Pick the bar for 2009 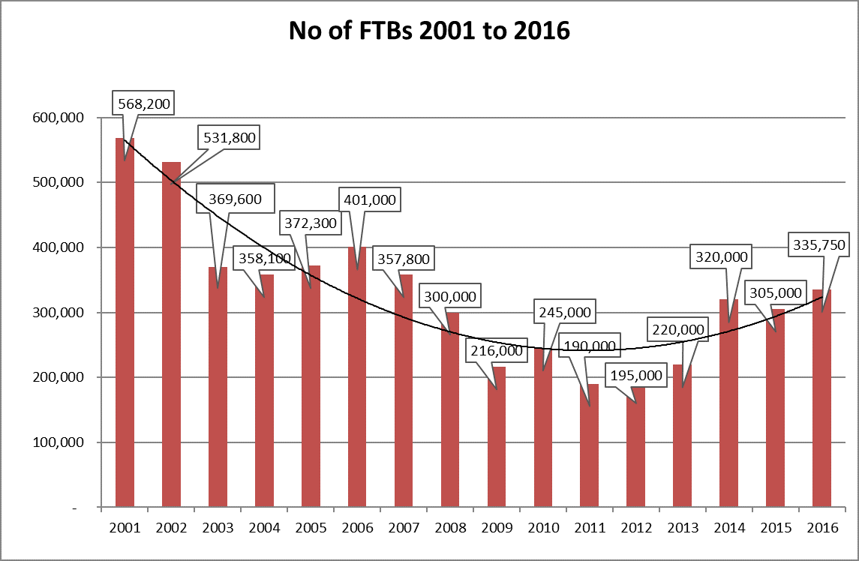coord(497,442)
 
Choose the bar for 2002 coord(171,337)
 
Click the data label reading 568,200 coord(143,103)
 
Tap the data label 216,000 coord(495,350)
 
